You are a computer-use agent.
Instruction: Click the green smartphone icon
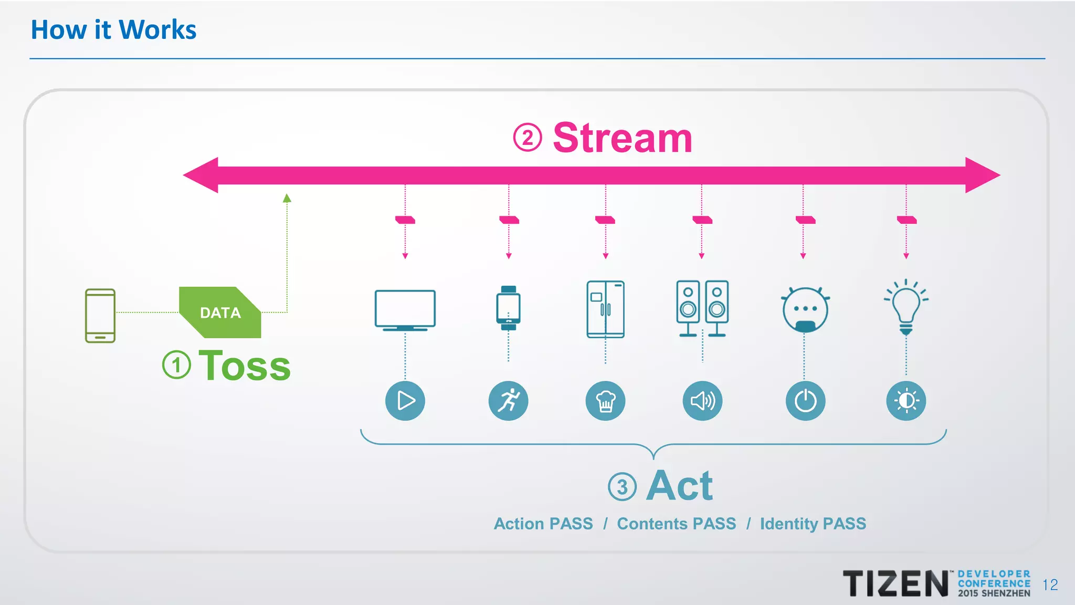[x=100, y=316]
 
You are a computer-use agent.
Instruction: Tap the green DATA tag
[x=220, y=312]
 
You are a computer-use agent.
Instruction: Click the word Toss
[x=245, y=366]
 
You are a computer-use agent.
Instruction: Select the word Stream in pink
[x=623, y=138]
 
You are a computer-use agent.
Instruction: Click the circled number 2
[x=527, y=138]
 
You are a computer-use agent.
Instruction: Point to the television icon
[x=405, y=310]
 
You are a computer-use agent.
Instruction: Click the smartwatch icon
[x=508, y=308]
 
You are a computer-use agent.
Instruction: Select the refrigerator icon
[x=605, y=309]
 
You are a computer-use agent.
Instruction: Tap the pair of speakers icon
[x=702, y=308]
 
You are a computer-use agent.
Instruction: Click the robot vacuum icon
[x=805, y=310]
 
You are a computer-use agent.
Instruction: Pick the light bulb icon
[x=906, y=308]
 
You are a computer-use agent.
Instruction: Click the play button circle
[x=405, y=401]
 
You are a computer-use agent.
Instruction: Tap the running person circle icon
[x=508, y=401]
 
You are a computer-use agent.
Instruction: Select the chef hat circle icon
[x=605, y=401]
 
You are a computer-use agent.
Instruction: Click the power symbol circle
[x=805, y=401]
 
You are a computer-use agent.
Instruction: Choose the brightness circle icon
[x=906, y=401]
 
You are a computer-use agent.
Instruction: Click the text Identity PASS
[x=813, y=524]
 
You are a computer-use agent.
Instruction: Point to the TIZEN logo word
[x=895, y=583]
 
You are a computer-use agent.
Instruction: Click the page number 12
[x=1050, y=585]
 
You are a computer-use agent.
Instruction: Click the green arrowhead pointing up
[x=287, y=198]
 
